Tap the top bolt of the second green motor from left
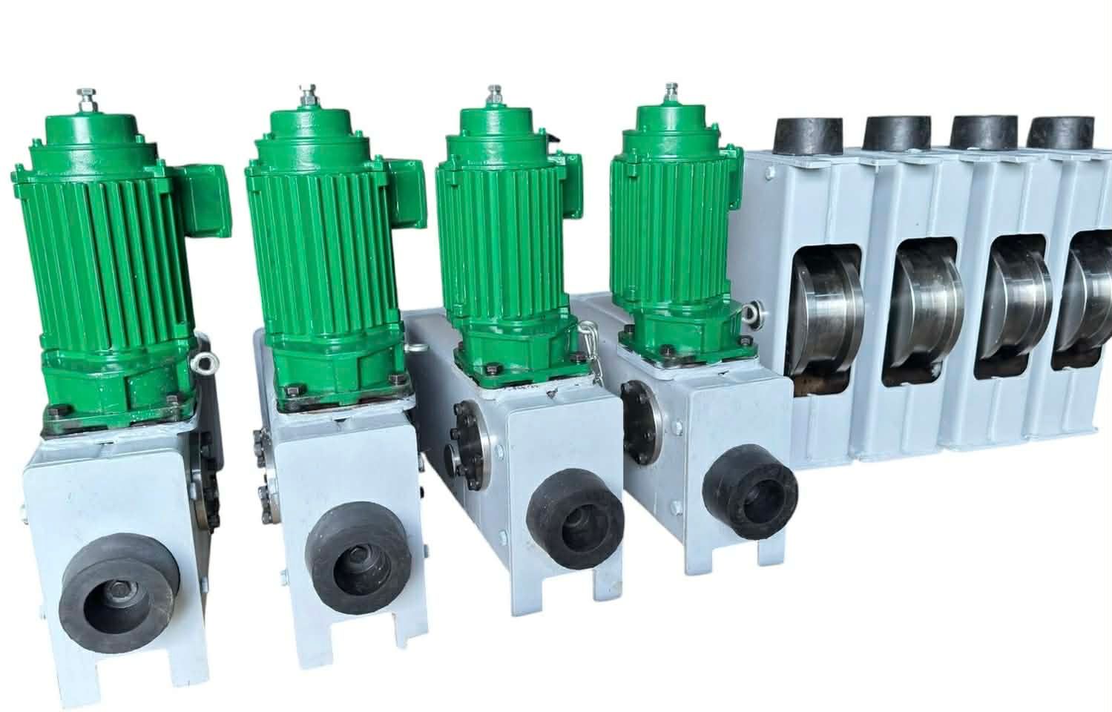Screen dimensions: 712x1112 [x=306, y=94]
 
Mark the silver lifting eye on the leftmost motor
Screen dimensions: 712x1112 [x=203, y=363]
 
